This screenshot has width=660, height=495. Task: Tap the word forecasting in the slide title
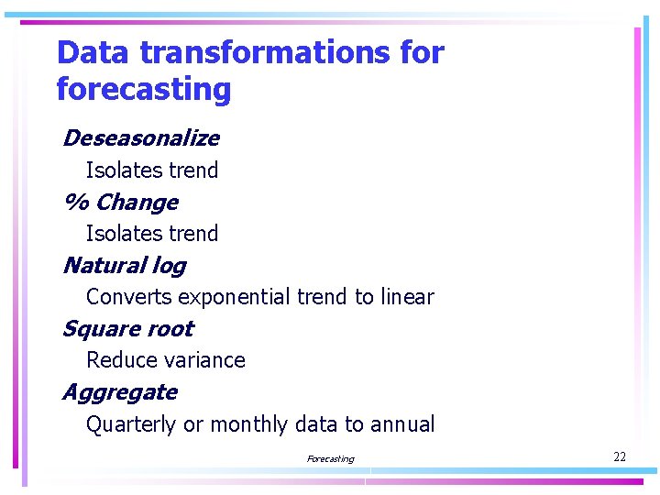(x=144, y=90)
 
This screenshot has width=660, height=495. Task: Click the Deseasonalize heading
(x=141, y=138)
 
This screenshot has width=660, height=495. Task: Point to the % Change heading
(x=120, y=202)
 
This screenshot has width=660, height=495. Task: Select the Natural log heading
(x=125, y=266)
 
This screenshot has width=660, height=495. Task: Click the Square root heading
(x=128, y=329)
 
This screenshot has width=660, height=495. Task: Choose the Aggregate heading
(x=120, y=392)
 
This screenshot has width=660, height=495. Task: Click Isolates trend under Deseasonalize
(x=152, y=170)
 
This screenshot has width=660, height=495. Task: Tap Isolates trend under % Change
(x=152, y=234)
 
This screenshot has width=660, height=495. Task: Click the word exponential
(x=235, y=297)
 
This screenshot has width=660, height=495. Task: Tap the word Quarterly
(x=131, y=424)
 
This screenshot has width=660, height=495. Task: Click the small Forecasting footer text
(x=330, y=459)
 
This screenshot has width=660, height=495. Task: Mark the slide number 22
(x=620, y=456)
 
